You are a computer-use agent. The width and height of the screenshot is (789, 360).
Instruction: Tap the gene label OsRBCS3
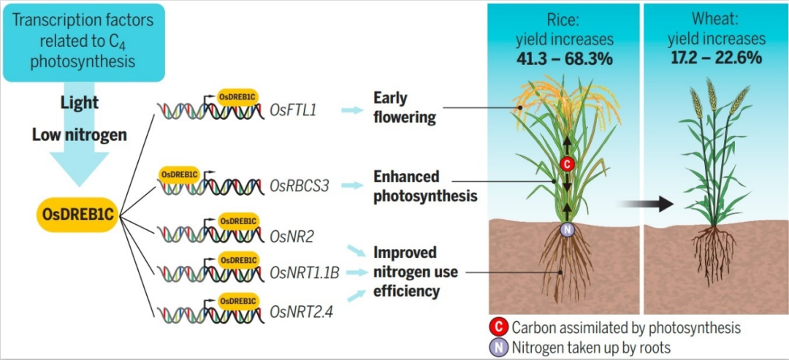[x=300, y=186]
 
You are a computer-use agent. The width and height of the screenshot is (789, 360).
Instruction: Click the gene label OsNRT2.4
[x=297, y=313]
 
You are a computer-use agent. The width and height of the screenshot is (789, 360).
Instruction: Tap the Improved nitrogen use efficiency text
[x=416, y=272]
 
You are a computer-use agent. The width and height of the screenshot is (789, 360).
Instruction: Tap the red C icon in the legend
[x=500, y=328]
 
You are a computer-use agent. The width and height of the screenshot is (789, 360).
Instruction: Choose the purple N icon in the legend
[x=500, y=348]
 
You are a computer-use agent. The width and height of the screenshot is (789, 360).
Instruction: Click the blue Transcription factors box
[x=83, y=42]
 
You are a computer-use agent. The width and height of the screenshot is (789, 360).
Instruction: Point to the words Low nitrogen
[x=80, y=134]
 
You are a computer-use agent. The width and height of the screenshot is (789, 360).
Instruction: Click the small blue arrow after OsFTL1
[x=352, y=110]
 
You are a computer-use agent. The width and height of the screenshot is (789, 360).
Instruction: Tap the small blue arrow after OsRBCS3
[x=352, y=186]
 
